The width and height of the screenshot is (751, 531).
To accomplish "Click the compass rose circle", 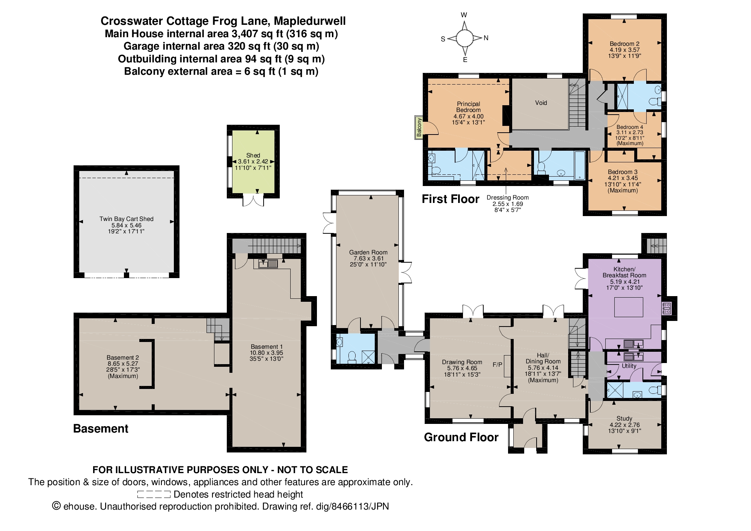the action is [464, 38].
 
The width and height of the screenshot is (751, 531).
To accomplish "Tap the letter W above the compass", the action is [464, 15].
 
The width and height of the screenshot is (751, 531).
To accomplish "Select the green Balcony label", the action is [419, 128].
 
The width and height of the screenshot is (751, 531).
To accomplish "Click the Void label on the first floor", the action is [541, 103].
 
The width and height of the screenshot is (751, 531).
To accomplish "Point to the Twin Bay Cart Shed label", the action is [126, 219].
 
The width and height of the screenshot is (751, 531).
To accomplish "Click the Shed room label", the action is [253, 155].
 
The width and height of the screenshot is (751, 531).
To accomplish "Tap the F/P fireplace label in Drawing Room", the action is [497, 365].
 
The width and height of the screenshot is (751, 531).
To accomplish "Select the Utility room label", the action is [629, 366].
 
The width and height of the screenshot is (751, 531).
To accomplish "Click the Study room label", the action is [624, 418].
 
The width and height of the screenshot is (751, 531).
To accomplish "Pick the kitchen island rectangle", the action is [629, 307].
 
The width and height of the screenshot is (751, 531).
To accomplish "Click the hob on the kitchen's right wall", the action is [667, 308].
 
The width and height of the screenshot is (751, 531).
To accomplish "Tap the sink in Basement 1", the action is [268, 263].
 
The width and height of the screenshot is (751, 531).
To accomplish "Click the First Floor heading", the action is [450, 199].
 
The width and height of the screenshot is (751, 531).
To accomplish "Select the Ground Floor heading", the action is [461, 437].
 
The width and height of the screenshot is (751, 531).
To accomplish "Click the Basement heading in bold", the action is [101, 428].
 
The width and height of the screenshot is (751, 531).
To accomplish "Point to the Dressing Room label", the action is [507, 197].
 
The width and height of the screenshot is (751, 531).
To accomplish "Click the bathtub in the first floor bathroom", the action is [579, 165].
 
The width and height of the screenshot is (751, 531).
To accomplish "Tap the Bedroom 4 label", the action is [630, 127].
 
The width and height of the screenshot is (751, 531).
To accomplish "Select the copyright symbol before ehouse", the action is [56, 506].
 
